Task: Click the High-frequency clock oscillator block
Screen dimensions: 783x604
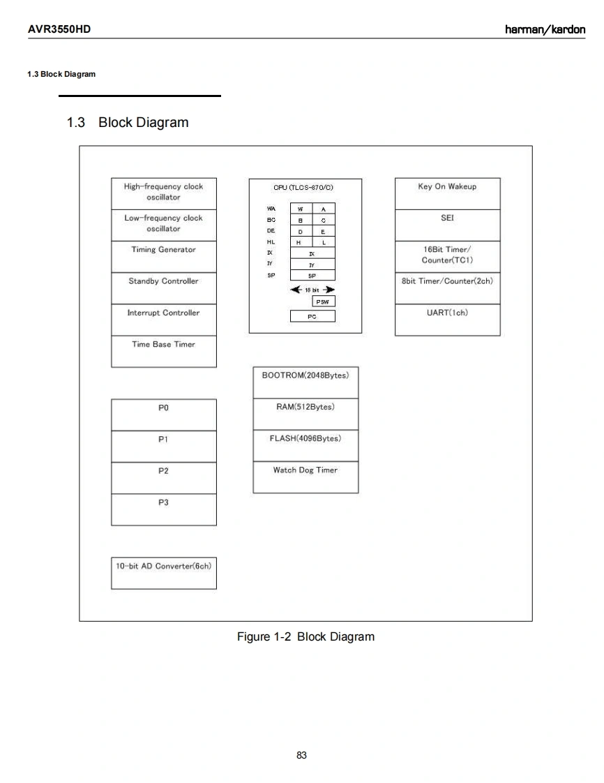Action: [x=163, y=193]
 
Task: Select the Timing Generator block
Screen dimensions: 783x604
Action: [x=163, y=256]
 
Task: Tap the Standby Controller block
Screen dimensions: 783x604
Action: [x=163, y=288]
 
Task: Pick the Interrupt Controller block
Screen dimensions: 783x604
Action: [x=163, y=319]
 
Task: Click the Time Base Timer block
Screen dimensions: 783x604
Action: [x=163, y=351]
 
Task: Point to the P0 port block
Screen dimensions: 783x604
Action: [x=163, y=414]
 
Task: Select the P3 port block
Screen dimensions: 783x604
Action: [x=163, y=509]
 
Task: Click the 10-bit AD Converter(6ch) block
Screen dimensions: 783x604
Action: [x=163, y=572]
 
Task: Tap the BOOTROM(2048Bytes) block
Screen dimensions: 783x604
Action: [x=305, y=382]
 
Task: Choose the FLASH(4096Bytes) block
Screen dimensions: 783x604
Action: [x=305, y=445]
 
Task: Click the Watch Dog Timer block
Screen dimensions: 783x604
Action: [x=305, y=477]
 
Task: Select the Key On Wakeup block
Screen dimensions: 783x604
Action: [x=447, y=193]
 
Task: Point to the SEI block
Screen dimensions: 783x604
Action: [x=447, y=225]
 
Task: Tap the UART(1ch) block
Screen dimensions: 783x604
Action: [x=447, y=319]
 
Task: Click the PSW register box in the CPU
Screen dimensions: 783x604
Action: [x=323, y=301]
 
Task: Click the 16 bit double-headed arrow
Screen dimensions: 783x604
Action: [x=312, y=289]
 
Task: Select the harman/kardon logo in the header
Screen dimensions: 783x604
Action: [x=545, y=29]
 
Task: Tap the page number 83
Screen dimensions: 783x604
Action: [x=302, y=755]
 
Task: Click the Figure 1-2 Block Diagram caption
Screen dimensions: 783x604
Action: [x=305, y=636]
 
